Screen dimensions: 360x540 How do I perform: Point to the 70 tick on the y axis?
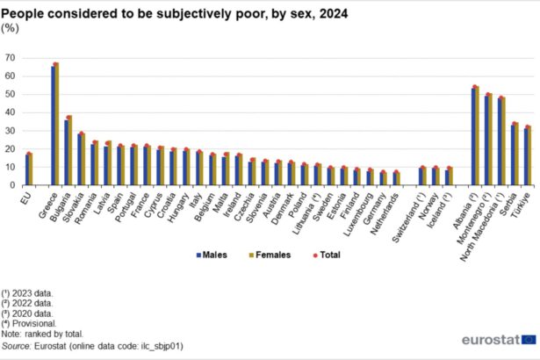coord(11,58)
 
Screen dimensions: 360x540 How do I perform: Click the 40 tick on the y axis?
coord(11,112)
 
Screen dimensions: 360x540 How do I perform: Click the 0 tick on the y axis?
coord(13,185)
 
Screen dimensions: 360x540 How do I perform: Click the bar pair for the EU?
coord(29,169)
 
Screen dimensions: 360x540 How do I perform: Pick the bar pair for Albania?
coord(475,136)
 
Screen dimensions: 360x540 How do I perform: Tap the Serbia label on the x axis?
coord(515,203)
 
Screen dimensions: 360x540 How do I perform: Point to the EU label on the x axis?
coord(27,197)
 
